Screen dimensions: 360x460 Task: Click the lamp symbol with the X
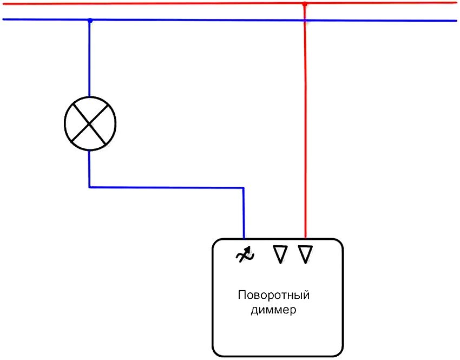pyautogui.click(x=90, y=123)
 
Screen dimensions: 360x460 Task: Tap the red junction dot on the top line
pyautogui.click(x=305, y=4)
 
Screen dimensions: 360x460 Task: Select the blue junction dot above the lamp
pyautogui.click(x=90, y=21)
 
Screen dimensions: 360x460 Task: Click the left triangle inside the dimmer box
pyautogui.click(x=279, y=254)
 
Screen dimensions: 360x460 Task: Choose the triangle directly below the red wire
pyautogui.click(x=305, y=254)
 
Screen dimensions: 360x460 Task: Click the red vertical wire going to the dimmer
pyautogui.click(x=305, y=135)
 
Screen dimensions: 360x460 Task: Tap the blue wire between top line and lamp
pyautogui.click(x=90, y=60)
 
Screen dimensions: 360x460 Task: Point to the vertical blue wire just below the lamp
pyautogui.click(x=90, y=168)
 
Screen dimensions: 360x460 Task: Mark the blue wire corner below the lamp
pyautogui.click(x=90, y=187)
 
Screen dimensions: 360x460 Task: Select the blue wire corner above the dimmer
pyautogui.click(x=244, y=188)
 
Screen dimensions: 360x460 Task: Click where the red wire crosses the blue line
pyautogui.click(x=305, y=21)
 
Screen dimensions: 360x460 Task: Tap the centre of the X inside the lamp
pyautogui.click(x=90, y=123)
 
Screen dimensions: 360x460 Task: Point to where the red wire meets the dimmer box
pyautogui.click(x=305, y=238)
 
